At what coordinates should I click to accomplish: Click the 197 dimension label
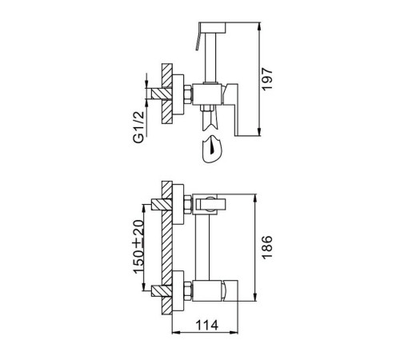267,79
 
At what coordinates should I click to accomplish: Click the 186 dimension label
267,247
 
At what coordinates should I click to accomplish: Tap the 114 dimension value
207,325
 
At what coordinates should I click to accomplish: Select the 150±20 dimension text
139,246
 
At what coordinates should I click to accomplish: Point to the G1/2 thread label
138,127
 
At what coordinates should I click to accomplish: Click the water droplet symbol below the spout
212,150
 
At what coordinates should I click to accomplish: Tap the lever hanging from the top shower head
198,37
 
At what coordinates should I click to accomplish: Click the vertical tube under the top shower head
210,58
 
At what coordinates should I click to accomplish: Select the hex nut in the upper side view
188,94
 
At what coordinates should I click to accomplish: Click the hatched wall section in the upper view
167,94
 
